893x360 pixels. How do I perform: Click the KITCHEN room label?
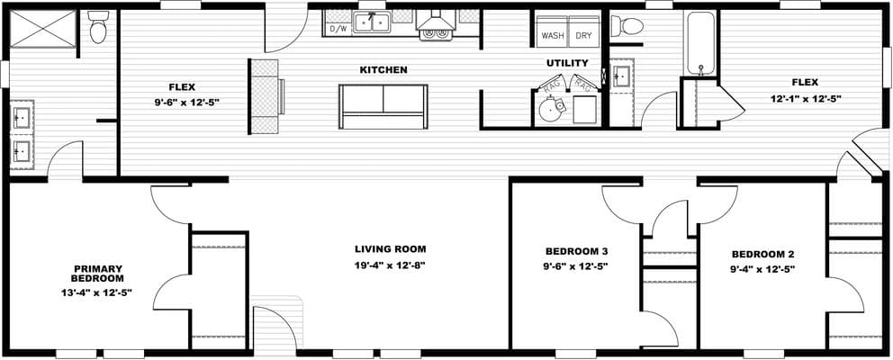click(383, 69)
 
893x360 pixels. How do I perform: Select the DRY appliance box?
click(583, 37)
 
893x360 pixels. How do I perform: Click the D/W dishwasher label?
click(338, 29)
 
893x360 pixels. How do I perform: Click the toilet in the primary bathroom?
click(99, 29)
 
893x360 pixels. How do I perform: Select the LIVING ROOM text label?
click(390, 249)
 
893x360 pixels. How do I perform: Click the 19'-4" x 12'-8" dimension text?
click(390, 265)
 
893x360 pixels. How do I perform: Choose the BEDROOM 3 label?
click(577, 251)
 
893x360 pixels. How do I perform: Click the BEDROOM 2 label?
click(762, 254)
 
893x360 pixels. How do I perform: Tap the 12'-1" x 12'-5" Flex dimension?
click(806, 98)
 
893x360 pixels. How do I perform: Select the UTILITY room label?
click(567, 63)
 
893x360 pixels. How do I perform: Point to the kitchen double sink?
click(372, 22)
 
